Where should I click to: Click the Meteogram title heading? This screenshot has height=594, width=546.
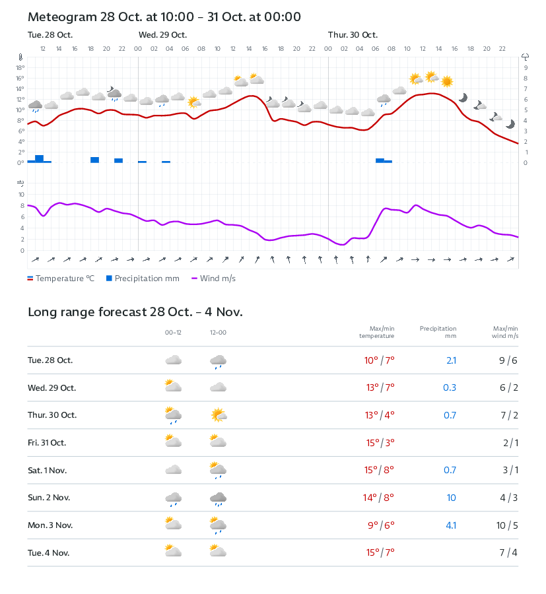(x=164, y=17)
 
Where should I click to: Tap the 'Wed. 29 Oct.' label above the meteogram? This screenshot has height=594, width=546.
(x=162, y=35)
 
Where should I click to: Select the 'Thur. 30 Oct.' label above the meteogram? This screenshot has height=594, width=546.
(x=353, y=35)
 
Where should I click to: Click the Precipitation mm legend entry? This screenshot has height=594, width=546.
(x=143, y=279)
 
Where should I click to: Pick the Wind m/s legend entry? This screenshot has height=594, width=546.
(x=213, y=279)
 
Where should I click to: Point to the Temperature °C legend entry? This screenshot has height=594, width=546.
(x=61, y=279)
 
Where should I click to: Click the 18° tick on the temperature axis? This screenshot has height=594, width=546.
(x=20, y=67)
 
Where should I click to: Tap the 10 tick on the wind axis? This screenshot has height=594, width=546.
(x=21, y=195)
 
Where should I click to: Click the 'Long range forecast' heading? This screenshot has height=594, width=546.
(x=135, y=312)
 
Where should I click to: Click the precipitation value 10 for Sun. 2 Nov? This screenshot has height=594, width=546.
(x=451, y=498)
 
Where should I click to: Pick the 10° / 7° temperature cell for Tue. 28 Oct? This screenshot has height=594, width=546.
(x=379, y=360)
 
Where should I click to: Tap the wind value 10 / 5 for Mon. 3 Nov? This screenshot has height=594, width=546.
(x=508, y=525)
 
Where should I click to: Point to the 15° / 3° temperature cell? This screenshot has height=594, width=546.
(x=379, y=443)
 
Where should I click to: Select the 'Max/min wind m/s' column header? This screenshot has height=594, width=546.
(x=505, y=332)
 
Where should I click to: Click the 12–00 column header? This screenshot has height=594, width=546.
(x=218, y=333)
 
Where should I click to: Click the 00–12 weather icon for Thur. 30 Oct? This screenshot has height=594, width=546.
(x=173, y=415)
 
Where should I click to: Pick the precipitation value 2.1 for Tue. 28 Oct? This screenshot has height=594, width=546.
(x=450, y=360)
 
